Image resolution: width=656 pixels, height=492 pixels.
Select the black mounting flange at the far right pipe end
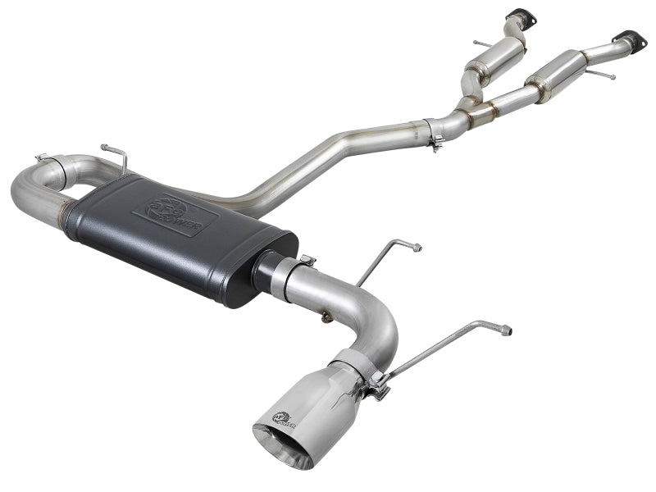(630, 38)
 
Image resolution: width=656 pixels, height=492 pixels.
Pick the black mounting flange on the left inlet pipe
(517, 16)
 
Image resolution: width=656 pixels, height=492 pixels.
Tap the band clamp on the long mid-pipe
(435, 132)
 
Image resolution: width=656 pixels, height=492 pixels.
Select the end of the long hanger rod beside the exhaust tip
(506, 330)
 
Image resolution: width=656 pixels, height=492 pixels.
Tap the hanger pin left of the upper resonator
(479, 41)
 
